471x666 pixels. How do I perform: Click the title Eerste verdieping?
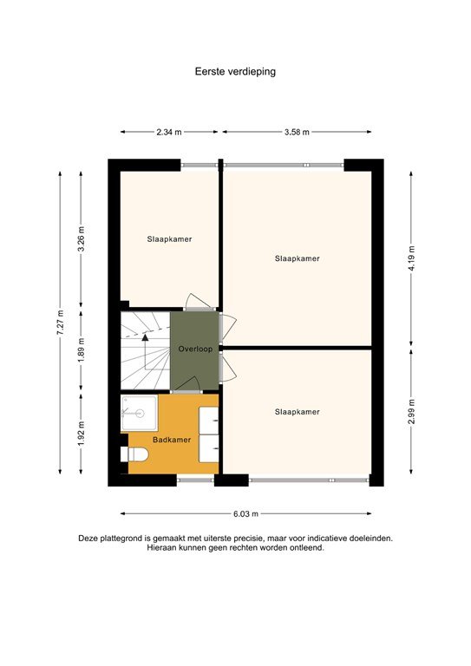click(x=235, y=72)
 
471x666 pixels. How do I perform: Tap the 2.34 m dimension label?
click(x=169, y=132)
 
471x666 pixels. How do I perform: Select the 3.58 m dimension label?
click(x=297, y=132)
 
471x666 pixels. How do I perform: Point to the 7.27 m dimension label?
click(x=61, y=323)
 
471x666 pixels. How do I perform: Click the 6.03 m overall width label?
click(x=245, y=513)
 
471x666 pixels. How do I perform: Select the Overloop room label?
click(x=194, y=349)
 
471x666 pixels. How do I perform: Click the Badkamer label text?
click(x=172, y=440)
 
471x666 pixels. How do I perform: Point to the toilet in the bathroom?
click(x=135, y=454)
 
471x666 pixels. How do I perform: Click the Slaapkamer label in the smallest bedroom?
click(x=169, y=238)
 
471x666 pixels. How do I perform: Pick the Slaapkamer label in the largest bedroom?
click(x=297, y=258)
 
